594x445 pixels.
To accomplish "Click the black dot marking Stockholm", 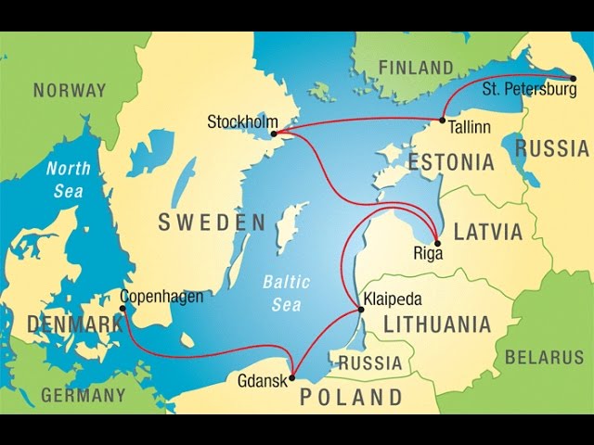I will [x=274, y=133].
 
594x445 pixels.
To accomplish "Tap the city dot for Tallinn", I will [x=443, y=121].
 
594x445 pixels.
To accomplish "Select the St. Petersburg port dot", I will [x=574, y=78].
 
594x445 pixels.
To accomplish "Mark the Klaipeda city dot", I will [x=361, y=309].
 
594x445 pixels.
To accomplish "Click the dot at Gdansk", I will [x=292, y=377].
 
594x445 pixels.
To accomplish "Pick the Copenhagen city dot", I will [x=123, y=309].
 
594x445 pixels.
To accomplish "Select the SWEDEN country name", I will [x=212, y=222].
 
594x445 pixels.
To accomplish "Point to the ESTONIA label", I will [x=452, y=162].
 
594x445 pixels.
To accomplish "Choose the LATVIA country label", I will [x=488, y=231].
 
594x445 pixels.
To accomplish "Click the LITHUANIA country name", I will [x=437, y=324].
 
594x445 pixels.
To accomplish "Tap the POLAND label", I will [x=351, y=398].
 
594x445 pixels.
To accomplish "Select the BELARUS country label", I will [x=544, y=356].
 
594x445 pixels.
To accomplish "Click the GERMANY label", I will [x=83, y=395].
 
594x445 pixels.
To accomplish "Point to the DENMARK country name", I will [x=75, y=324].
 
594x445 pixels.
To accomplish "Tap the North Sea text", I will [x=68, y=180].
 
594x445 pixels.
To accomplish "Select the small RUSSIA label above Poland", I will [x=370, y=363].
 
